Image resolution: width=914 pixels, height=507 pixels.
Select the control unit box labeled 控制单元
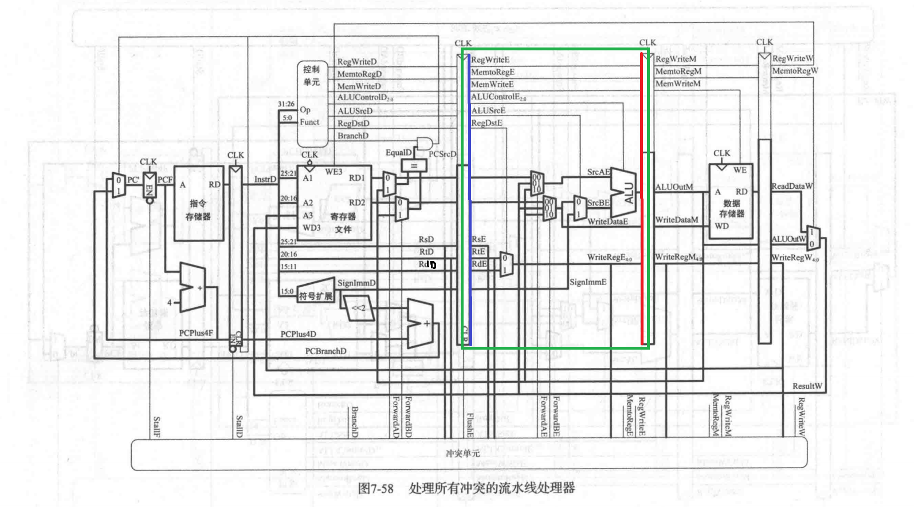coord(312,103)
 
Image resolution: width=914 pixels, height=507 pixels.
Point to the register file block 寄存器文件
coord(334,203)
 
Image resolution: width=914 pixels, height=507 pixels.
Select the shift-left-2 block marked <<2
coord(359,308)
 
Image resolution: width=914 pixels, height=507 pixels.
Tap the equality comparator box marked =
coord(414,166)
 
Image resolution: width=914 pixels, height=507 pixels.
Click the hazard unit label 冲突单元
coord(463,453)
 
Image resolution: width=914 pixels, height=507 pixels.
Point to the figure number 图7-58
coord(376,488)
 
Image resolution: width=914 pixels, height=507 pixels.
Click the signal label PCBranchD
coord(325,351)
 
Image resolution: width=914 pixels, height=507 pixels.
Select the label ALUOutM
coord(674,187)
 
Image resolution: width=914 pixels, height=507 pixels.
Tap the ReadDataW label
coord(792,186)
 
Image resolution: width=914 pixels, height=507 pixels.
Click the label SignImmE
coord(588,282)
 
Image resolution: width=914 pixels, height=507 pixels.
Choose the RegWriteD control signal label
coord(357,62)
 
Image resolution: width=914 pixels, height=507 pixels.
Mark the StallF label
coord(156,427)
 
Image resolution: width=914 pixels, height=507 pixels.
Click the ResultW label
coord(807,386)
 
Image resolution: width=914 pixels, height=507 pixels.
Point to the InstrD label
coord(265,179)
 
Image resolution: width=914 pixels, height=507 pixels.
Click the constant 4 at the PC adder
coord(169,302)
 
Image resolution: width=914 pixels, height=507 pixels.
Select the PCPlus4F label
coord(196,333)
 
